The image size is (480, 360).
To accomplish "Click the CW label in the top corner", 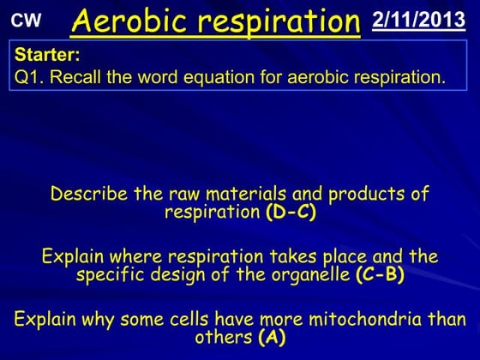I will coord(26,19).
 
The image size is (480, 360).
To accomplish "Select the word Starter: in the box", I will coord(47,55).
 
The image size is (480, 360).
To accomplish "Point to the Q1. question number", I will coord(31,76).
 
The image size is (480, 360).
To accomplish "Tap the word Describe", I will coord(87,194).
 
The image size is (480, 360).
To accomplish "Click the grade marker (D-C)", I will coord(291,213).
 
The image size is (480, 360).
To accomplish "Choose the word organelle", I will coord(309,275).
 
